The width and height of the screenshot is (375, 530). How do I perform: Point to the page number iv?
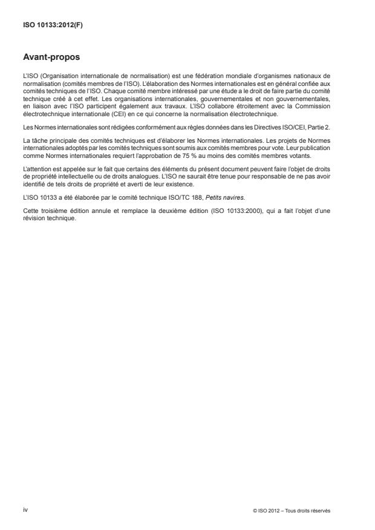coord(25,510)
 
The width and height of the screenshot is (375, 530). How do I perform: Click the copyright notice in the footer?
coord(292,511)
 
